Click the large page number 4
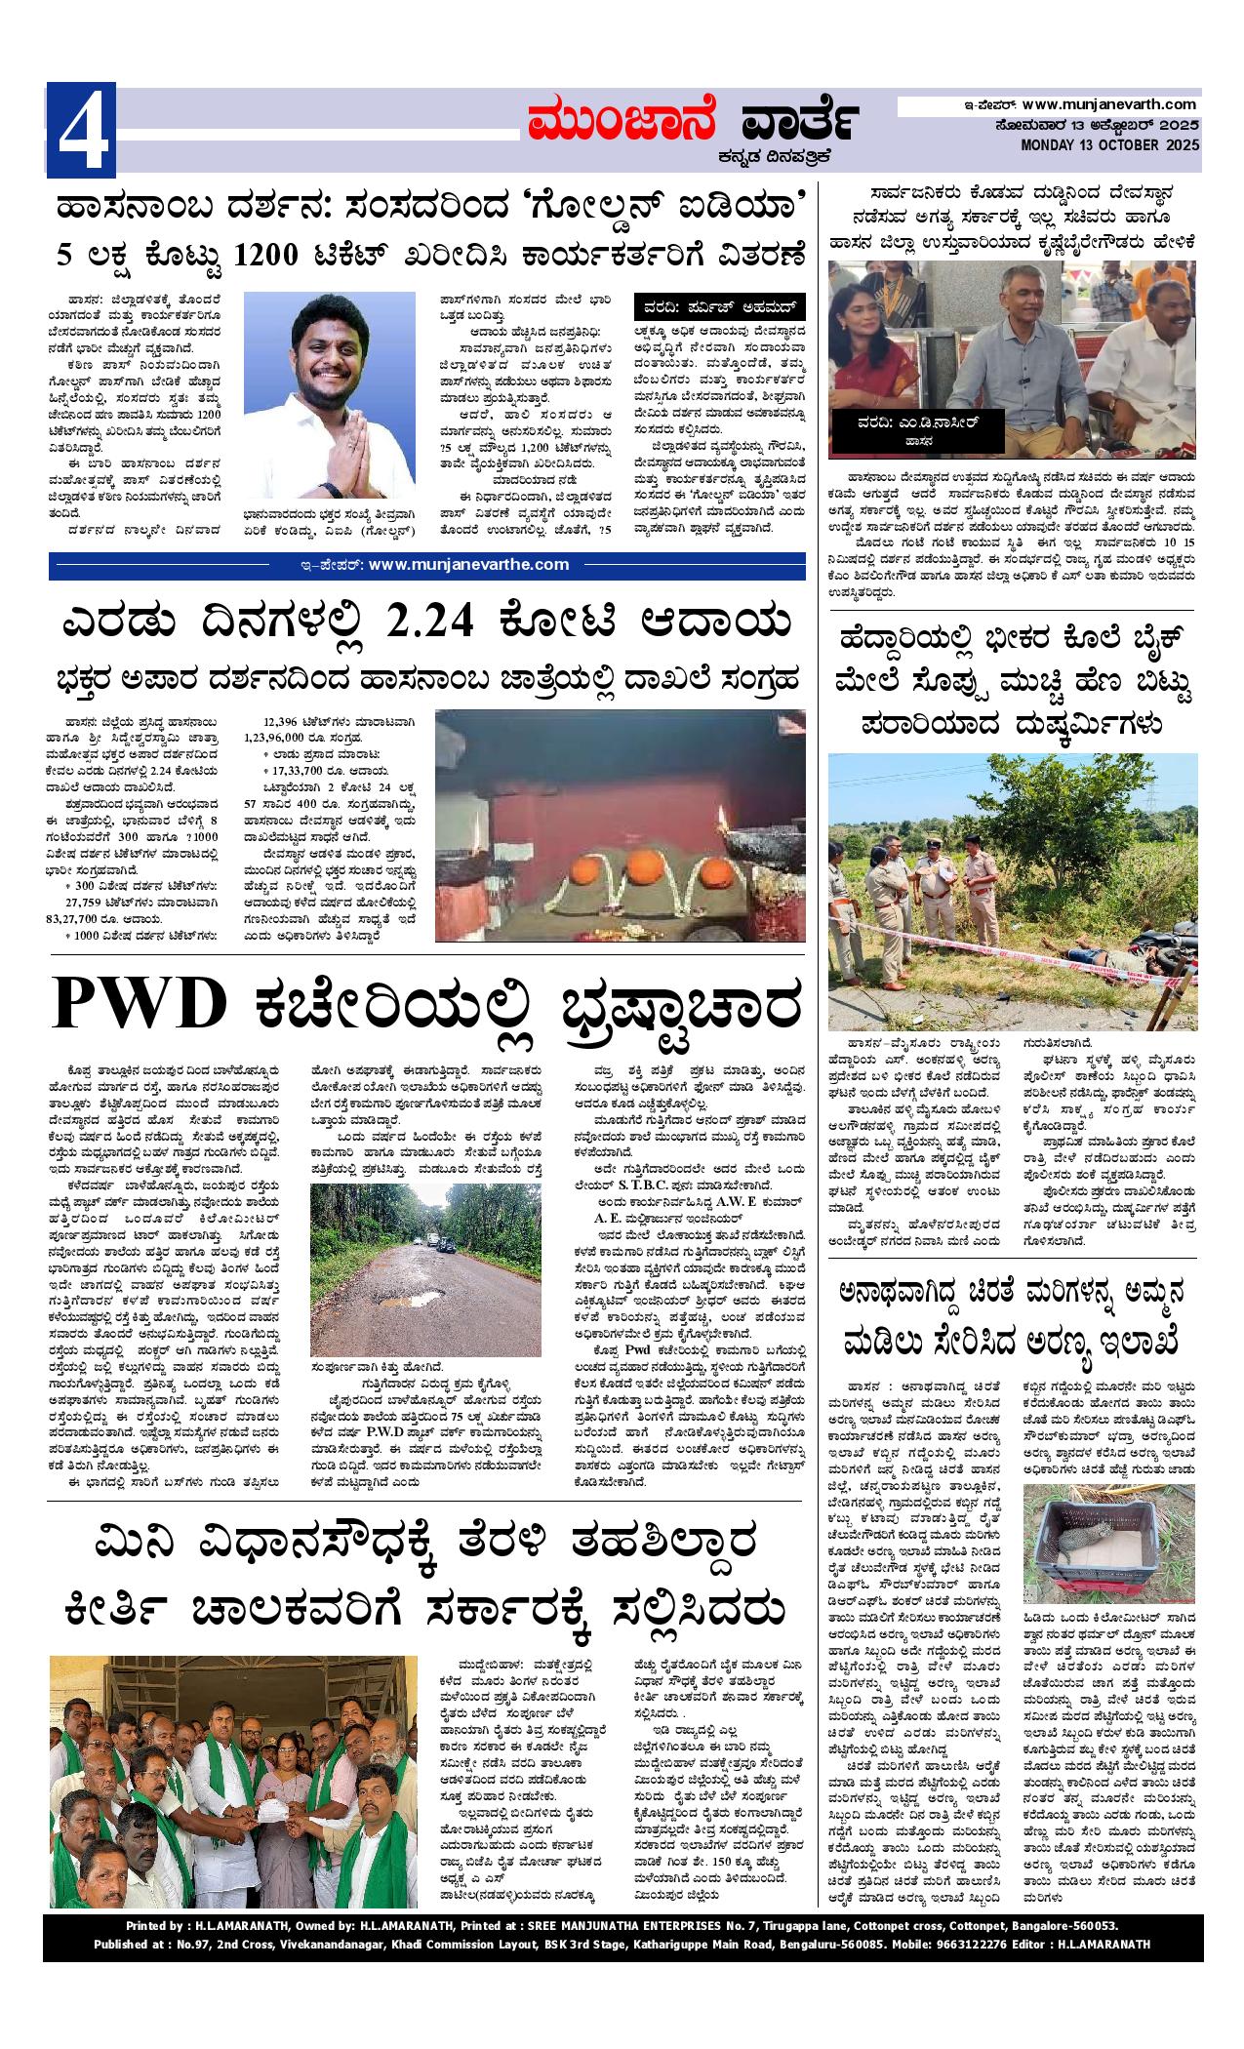pos(82,131)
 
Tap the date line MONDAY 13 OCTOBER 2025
pos(1110,145)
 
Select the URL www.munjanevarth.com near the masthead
pos(1109,103)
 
